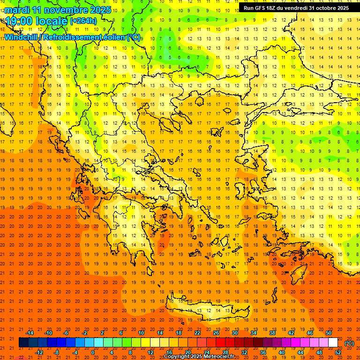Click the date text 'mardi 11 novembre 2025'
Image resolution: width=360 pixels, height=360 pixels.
coord(58,10)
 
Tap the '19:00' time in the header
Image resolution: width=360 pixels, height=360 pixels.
coord(19,21)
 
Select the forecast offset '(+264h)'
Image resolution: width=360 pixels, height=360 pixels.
coord(83,21)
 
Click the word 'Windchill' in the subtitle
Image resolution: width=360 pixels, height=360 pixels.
coord(22,37)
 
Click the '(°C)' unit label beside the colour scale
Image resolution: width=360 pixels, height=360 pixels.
coord(349,343)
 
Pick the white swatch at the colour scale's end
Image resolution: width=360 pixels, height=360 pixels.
coord(333,343)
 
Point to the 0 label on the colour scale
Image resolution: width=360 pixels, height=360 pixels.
coord(93,352)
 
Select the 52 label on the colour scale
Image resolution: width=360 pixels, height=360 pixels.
coord(337,352)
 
